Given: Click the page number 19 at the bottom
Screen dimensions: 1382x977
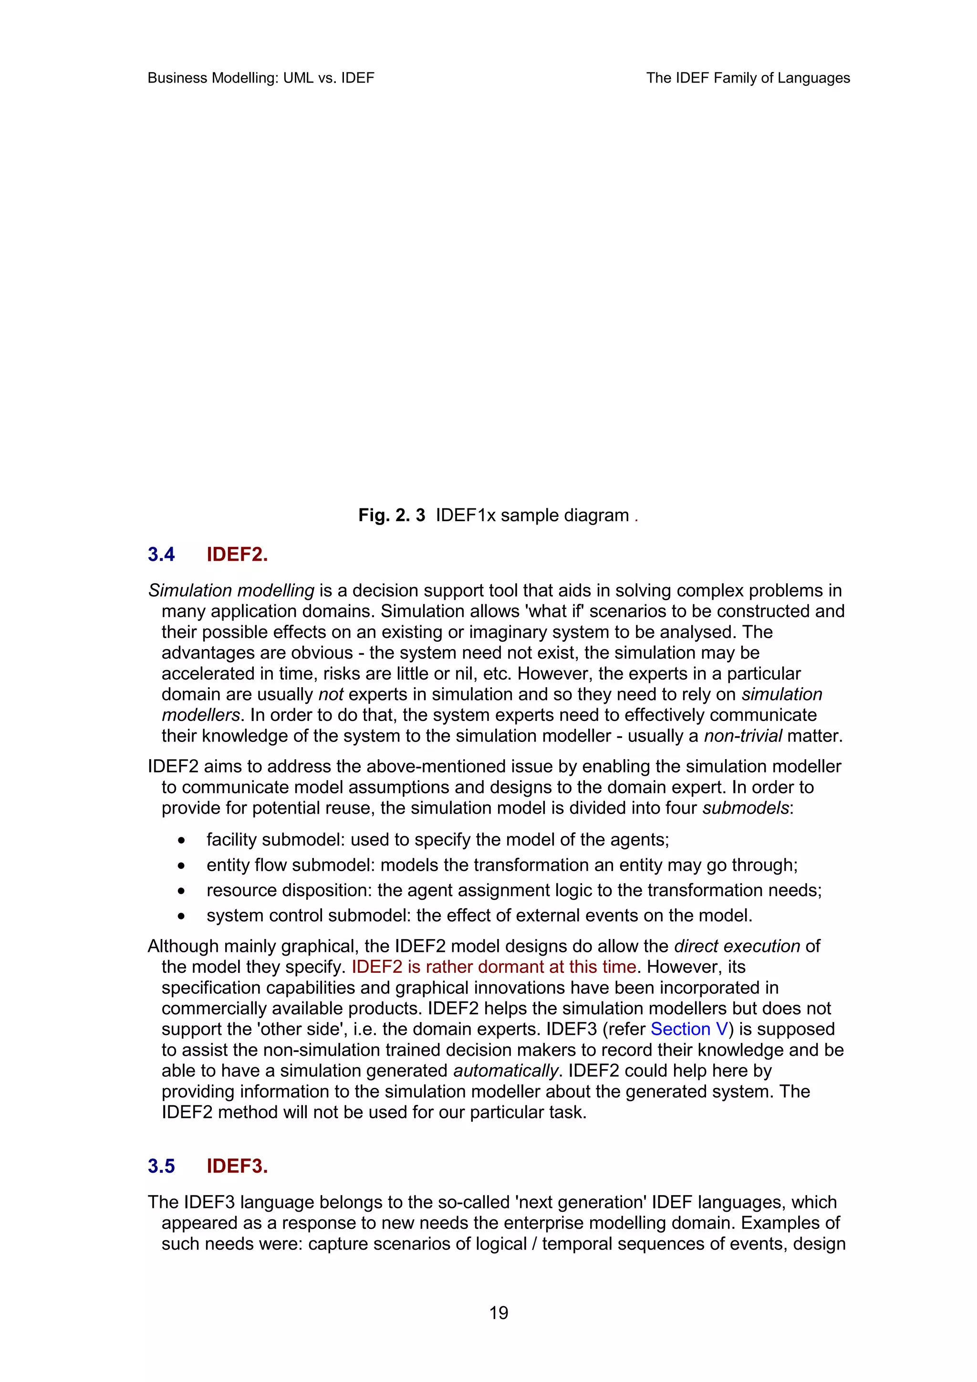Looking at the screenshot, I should (499, 1312).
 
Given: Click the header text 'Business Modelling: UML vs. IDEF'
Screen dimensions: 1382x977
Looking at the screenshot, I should (260, 78).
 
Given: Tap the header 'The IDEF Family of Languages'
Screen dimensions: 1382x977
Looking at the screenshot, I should (748, 78).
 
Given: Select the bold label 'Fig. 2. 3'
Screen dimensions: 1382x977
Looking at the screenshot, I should (391, 515).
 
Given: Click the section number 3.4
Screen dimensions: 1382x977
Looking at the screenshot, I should (161, 554).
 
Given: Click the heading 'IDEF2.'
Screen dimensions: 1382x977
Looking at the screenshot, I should (237, 554).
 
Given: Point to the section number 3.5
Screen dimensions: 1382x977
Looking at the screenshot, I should (161, 1166).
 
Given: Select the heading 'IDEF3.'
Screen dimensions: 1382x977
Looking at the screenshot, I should (237, 1166).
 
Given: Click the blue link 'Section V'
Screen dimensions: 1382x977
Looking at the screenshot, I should (689, 1029).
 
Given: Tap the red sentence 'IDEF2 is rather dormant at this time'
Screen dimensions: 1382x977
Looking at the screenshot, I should (494, 967).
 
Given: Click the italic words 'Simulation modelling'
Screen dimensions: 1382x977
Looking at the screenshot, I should (231, 590).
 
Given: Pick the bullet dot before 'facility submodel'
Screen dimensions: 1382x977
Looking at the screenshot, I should (181, 840).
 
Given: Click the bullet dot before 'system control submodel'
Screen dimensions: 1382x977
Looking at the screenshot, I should (181, 916).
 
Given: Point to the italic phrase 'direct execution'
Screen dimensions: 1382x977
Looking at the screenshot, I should (737, 946).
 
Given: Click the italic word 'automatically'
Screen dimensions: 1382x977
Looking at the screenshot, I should (506, 1071).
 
